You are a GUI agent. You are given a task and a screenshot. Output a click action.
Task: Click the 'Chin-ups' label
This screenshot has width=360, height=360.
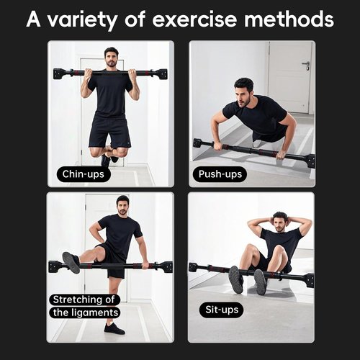point(84,174)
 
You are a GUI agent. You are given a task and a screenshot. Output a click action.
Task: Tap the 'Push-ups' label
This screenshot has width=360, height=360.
point(220,174)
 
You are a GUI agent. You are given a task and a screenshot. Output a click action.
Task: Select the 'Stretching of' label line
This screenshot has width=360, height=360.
point(84,299)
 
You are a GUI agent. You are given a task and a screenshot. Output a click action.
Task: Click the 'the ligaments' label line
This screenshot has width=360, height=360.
point(84,312)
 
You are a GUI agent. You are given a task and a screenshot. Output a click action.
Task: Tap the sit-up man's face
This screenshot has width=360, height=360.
point(279,221)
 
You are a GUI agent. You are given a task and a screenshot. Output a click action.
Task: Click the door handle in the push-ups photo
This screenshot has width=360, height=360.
point(305,66)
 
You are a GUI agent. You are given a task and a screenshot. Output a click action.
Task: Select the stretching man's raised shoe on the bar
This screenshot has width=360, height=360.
point(71,261)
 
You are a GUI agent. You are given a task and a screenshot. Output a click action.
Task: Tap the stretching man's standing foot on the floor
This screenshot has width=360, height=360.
point(114,328)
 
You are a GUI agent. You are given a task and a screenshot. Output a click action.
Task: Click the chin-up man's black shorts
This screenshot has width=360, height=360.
point(109,130)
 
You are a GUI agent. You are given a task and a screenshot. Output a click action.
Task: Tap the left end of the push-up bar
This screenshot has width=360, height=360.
point(198,143)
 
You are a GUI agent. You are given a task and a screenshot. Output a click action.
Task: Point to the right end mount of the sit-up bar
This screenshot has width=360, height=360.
point(308,279)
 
